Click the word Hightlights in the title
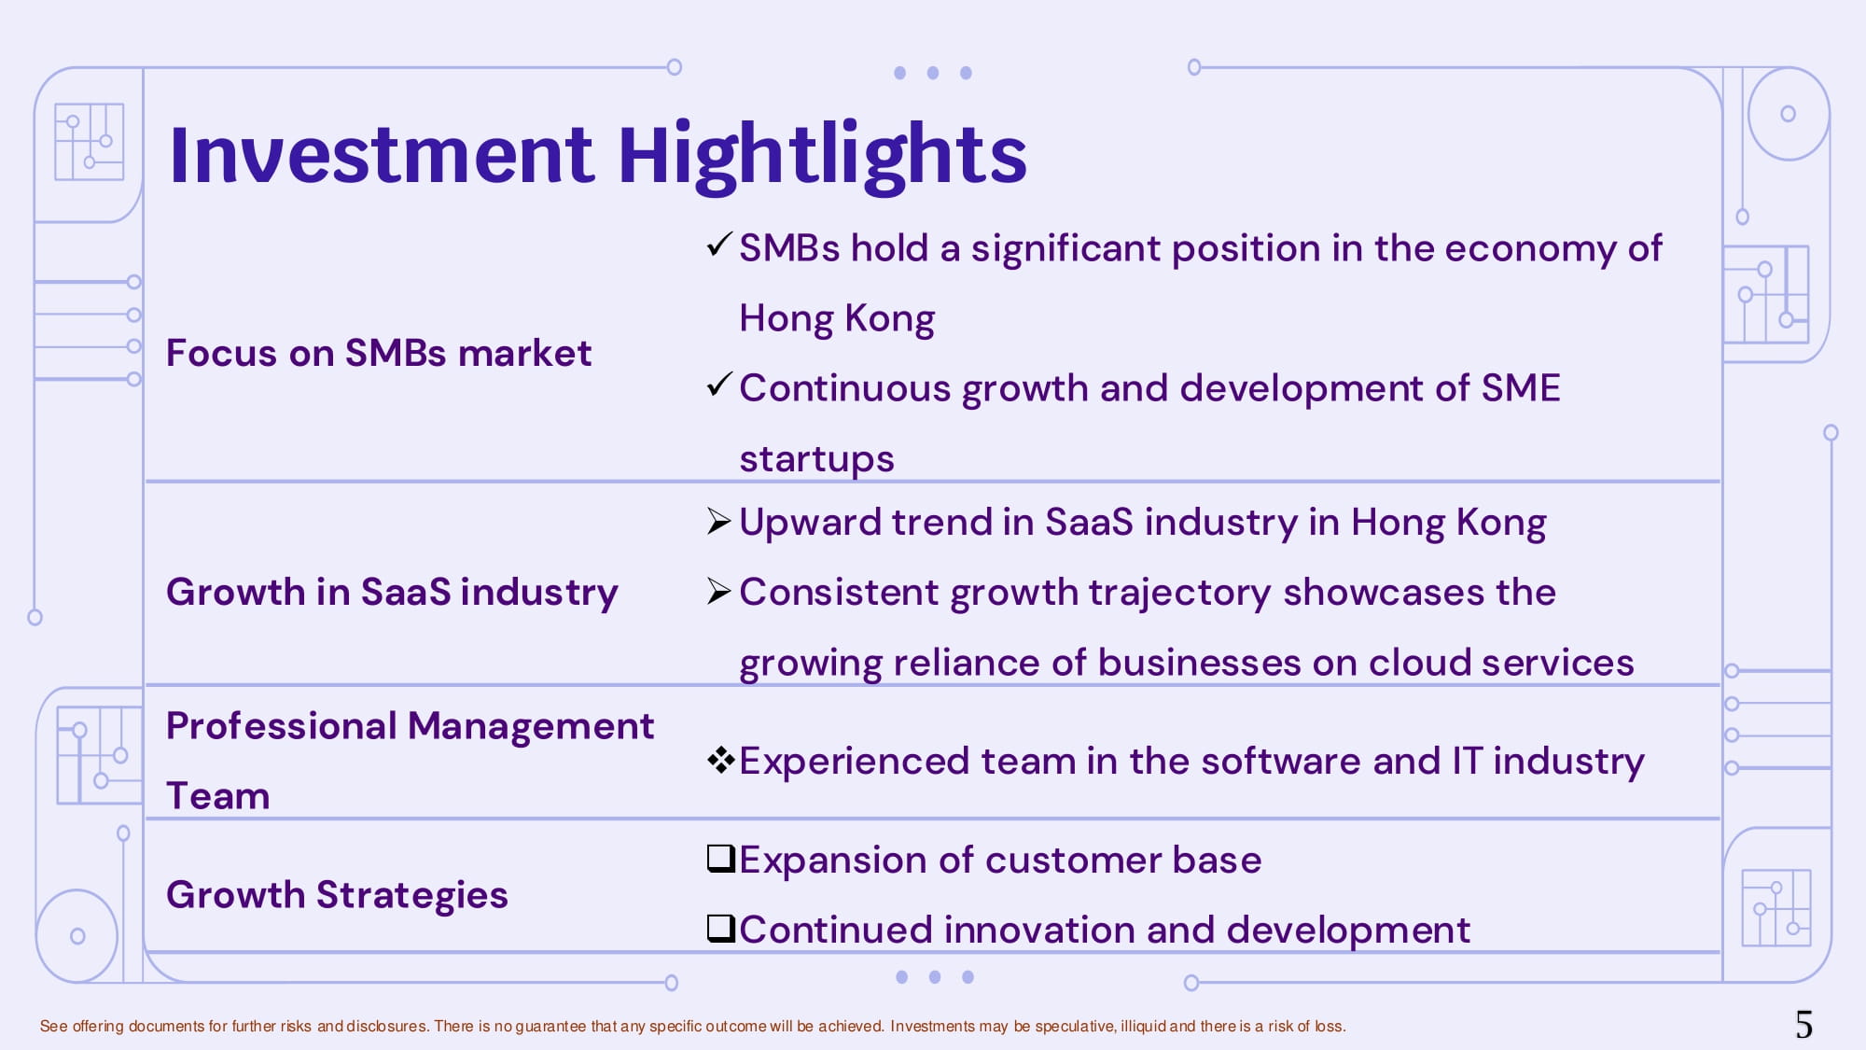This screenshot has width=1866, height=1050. [x=822, y=156]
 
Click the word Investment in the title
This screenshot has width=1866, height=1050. [x=381, y=154]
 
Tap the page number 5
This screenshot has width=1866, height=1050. [x=1803, y=1025]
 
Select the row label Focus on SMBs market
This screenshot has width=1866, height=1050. [x=379, y=354]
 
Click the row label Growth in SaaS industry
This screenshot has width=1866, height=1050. [x=392, y=593]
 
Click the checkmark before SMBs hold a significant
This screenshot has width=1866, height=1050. [x=719, y=245]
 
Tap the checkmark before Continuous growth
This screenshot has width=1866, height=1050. [x=719, y=385]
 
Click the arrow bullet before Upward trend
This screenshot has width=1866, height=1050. [x=718, y=521]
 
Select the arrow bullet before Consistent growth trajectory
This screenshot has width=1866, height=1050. [x=718, y=591]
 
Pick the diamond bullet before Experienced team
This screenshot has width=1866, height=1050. [x=721, y=761]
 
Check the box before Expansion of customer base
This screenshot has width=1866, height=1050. [x=721, y=858]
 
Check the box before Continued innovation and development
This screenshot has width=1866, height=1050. [x=721, y=928]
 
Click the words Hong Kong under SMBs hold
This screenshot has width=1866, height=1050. [x=837, y=319]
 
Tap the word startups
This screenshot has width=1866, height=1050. [x=816, y=460]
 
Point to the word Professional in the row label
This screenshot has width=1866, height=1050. [x=282, y=726]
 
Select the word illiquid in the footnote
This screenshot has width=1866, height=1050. [x=1143, y=1027]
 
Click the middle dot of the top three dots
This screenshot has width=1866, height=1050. [x=933, y=73]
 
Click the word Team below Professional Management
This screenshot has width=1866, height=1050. [x=218, y=796]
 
